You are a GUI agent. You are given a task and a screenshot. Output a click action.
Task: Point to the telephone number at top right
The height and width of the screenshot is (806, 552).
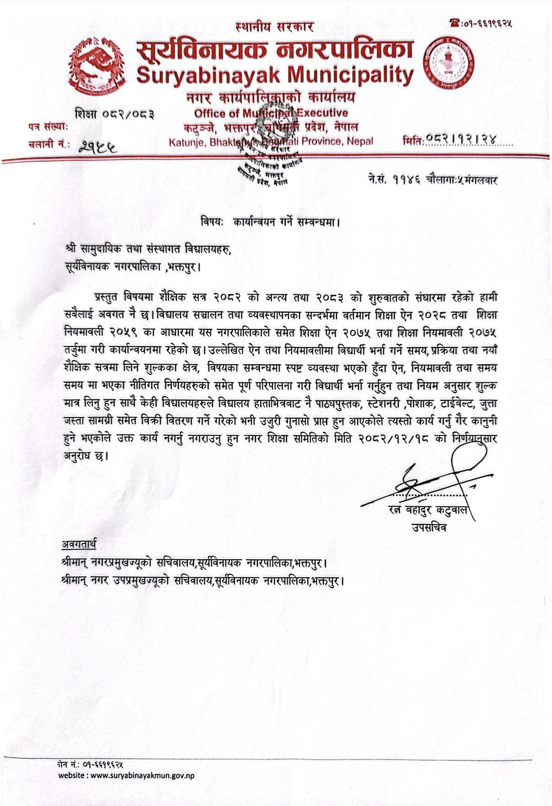486,23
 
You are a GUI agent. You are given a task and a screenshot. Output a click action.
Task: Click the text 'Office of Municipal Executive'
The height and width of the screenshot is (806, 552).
271,113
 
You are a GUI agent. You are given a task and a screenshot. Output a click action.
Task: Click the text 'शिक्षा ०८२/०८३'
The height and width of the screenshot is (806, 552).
114,115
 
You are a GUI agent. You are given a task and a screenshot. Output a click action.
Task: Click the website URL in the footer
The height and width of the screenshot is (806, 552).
126,776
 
